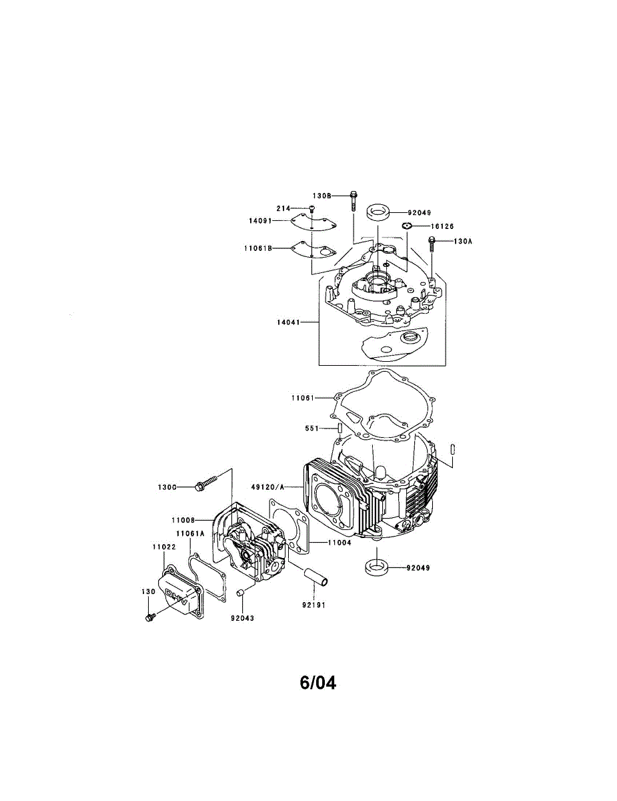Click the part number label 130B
(x=322, y=196)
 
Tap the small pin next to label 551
(x=338, y=428)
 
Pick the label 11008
(x=182, y=519)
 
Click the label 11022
(x=163, y=546)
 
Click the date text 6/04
(x=318, y=683)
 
